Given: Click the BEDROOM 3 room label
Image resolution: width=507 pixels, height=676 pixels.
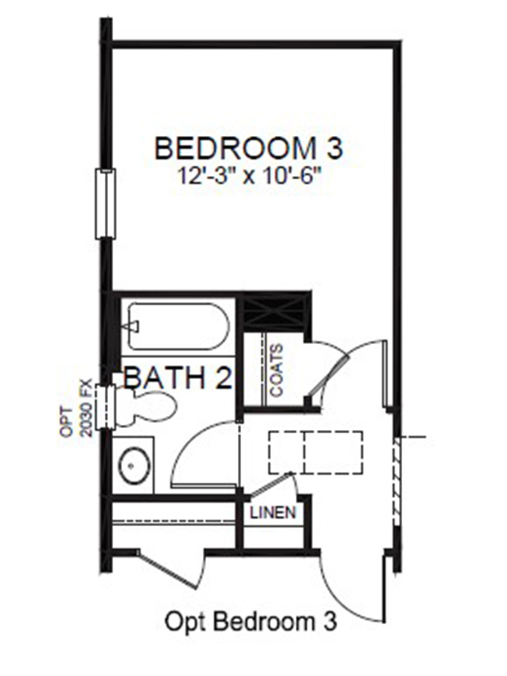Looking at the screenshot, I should pos(248,149).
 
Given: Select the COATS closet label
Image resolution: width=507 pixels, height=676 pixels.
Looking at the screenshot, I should pos(277,370).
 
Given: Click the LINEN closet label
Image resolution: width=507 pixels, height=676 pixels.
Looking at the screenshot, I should pos(273,512).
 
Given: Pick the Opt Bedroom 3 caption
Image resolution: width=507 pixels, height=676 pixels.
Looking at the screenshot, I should pos(251,622).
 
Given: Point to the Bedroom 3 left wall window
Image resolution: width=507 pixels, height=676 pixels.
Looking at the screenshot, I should pos(106,203).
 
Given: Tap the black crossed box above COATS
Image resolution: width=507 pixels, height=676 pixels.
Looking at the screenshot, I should pos(273,313).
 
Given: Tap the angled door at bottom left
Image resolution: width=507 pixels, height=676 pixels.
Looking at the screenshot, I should pos(169,569).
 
